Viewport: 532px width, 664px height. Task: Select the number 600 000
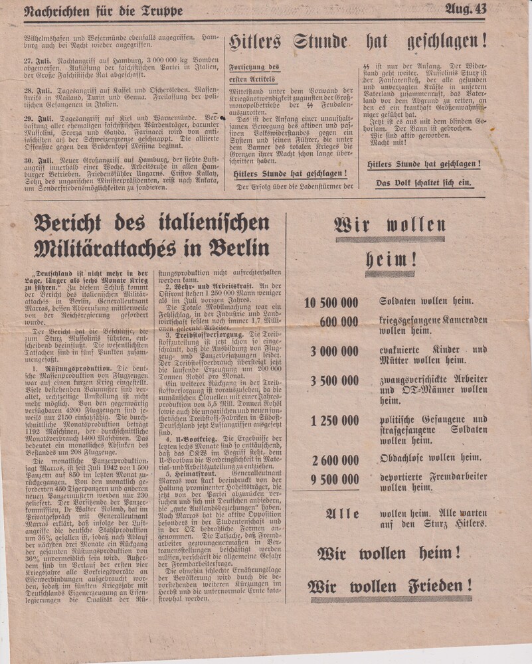point(339,322)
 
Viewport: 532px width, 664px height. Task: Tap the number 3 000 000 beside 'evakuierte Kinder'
point(333,351)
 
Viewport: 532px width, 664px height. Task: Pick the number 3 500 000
point(333,381)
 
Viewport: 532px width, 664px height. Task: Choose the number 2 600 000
point(333,460)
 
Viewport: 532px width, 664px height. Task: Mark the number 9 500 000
point(333,479)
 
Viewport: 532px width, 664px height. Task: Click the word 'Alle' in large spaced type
point(343,514)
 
